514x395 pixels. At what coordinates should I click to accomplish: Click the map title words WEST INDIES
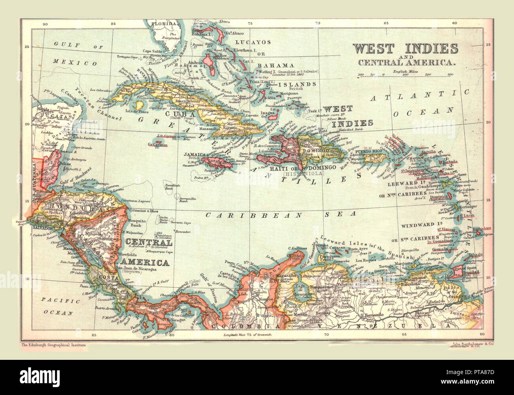[405, 49]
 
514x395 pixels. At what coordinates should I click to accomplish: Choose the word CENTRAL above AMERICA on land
[148, 243]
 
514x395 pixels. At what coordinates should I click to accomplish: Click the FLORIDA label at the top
[168, 24]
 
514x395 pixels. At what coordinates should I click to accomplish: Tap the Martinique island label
[467, 207]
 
